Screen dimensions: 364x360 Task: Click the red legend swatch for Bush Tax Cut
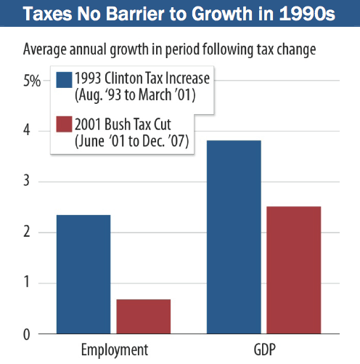[x=63, y=125]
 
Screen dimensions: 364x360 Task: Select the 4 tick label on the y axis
[x=28, y=131]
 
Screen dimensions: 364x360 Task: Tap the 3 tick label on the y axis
[x=28, y=182]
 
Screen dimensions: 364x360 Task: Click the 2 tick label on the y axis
[x=28, y=232]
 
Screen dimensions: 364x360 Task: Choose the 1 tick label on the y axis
[x=28, y=283]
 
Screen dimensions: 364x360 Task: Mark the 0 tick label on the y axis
[x=28, y=334]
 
